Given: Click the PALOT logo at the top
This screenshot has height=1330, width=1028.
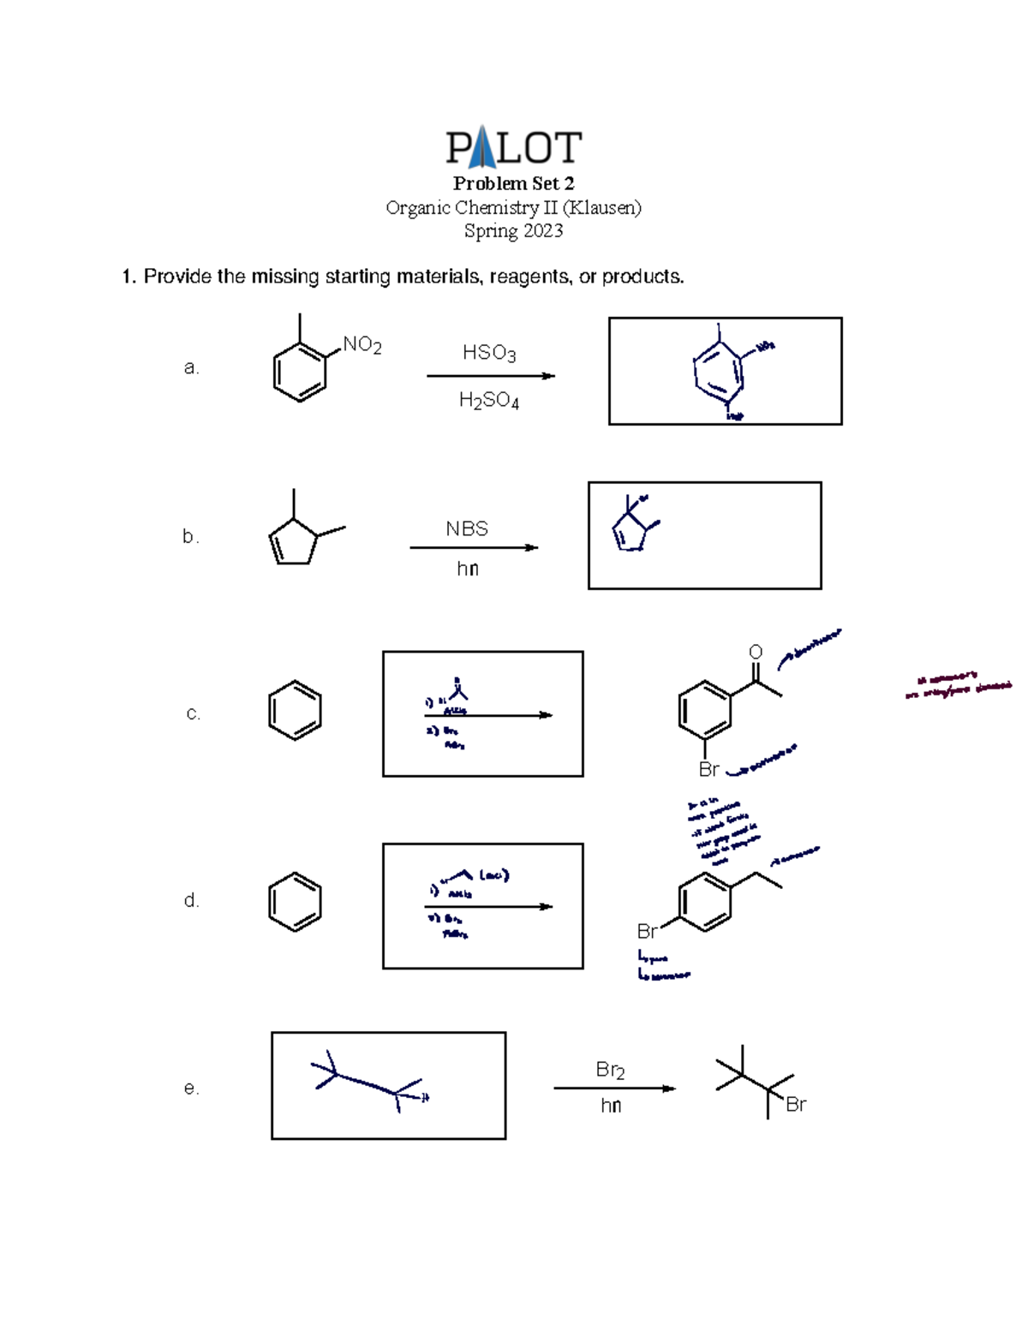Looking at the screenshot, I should click(513, 147).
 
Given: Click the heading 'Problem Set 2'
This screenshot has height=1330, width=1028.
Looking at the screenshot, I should click(513, 183).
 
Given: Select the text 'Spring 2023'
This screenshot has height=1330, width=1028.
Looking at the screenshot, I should click(513, 230).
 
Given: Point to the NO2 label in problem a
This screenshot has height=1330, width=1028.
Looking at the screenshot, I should click(362, 344).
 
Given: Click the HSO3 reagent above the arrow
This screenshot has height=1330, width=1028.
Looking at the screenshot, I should click(488, 353).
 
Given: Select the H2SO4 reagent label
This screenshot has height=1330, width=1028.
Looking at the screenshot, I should click(488, 400).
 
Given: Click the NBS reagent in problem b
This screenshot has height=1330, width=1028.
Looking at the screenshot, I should click(467, 528).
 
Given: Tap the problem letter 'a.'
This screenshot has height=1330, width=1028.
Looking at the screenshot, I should click(191, 367).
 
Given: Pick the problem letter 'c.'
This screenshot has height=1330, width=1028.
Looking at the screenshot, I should click(193, 713).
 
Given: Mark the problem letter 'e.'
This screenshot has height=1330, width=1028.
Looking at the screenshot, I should click(191, 1088).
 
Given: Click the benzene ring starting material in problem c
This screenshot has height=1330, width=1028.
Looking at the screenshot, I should click(295, 710).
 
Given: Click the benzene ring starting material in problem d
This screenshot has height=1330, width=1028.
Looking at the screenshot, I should click(295, 902).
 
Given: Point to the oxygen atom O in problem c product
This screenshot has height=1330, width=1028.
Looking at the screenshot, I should click(756, 653).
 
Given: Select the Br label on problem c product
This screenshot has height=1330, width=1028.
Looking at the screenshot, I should click(708, 769).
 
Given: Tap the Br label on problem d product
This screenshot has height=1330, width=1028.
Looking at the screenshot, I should click(647, 931).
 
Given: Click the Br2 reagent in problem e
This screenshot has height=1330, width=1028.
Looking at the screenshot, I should click(610, 1070).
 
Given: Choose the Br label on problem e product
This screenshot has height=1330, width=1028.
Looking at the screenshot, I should click(796, 1105).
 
